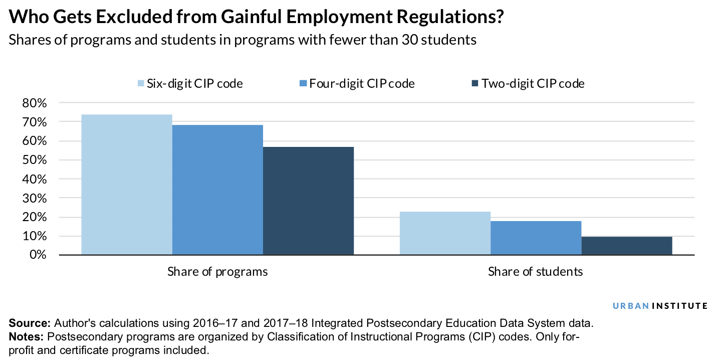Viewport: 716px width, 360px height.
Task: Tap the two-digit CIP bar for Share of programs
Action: click(308, 201)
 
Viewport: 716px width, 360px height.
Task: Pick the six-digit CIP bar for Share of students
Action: click(445, 233)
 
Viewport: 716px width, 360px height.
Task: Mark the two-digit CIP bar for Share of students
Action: click(626, 246)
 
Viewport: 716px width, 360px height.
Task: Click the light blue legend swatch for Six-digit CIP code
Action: click(141, 83)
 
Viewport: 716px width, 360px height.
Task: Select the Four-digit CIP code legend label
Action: click(362, 83)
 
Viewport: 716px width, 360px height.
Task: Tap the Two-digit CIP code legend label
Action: click(533, 83)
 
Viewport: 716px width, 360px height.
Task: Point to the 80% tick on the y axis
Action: click(35, 103)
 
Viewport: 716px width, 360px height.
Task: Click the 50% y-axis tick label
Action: click(35, 160)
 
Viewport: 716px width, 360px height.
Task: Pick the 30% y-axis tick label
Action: click(35, 198)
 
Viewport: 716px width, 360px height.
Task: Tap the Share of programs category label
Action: click(217, 272)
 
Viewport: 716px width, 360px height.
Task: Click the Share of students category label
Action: click(536, 272)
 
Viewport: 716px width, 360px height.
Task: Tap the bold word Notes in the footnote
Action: click(27, 336)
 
